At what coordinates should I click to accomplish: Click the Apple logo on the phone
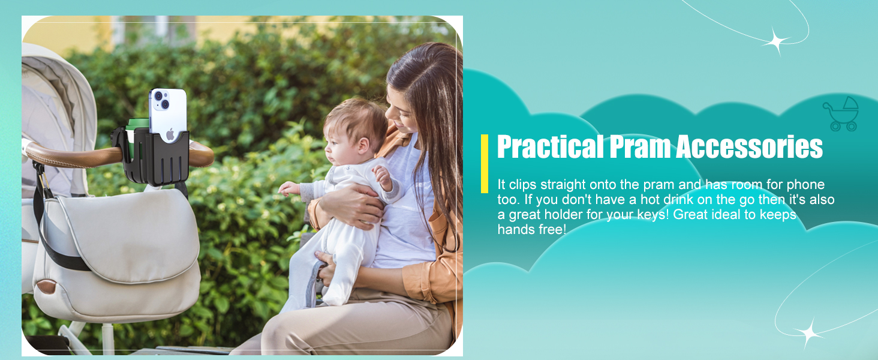[170, 134]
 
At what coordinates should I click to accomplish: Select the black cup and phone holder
[153, 156]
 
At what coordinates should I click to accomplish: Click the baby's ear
[363, 145]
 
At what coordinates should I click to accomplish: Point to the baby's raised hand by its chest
[382, 177]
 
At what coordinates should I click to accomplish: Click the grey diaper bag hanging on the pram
[118, 255]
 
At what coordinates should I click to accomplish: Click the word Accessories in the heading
[749, 146]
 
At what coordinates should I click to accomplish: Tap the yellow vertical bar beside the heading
[485, 164]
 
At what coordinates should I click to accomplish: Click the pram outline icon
[841, 114]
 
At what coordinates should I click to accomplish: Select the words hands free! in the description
[532, 229]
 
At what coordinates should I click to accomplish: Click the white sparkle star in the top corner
[775, 41]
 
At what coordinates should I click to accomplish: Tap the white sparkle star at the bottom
[808, 334]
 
